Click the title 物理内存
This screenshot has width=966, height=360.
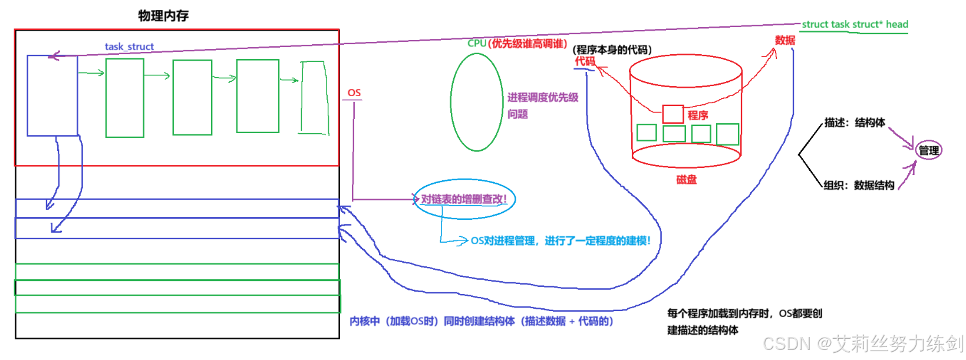(163, 16)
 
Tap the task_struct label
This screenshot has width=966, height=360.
(129, 47)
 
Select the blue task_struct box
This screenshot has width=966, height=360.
(52, 95)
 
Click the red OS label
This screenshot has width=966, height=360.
(354, 93)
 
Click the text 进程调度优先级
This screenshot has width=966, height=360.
(543, 97)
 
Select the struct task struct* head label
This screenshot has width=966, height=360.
(855, 24)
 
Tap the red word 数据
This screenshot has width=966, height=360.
(784, 40)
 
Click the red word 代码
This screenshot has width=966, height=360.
(585, 61)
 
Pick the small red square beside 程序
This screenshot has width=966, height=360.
(672, 114)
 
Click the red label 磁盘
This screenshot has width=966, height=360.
(686, 179)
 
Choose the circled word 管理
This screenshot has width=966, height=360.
(929, 150)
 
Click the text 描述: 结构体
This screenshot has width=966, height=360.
(855, 123)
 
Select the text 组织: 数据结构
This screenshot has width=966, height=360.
(859, 185)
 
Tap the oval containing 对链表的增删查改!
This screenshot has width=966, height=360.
(464, 199)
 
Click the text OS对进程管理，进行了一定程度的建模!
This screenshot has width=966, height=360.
(561, 240)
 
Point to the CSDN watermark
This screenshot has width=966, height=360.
(863, 343)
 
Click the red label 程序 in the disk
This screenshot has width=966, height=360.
(698, 115)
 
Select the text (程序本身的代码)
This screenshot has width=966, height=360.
(612, 49)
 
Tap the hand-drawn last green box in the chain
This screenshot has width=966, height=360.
(314, 98)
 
